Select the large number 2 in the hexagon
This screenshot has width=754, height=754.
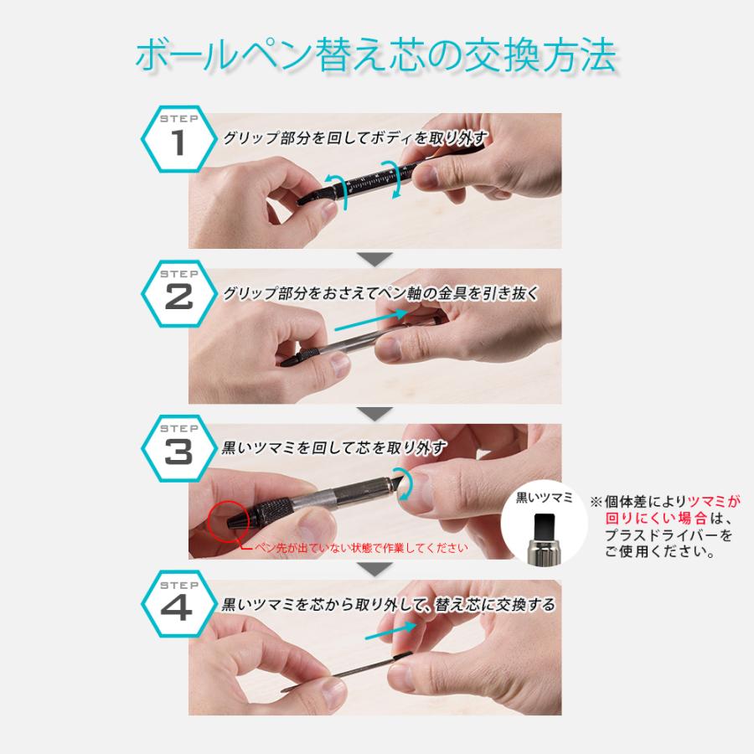click(178, 297)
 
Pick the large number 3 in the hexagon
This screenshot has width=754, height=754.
click(178, 452)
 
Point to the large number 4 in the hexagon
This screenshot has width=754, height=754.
click(178, 607)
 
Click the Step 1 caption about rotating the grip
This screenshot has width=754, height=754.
click(355, 139)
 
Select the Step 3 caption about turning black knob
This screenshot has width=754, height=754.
click(335, 448)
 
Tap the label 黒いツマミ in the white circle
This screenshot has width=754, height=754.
click(544, 498)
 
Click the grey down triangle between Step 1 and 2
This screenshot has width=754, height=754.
click(374, 258)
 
